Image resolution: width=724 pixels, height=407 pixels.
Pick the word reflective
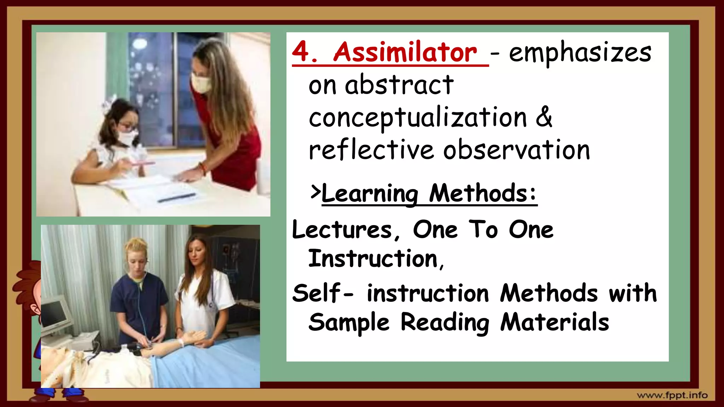point(371,150)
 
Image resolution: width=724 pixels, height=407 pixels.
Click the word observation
point(516,150)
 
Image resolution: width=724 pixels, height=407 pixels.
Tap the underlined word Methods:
point(483,193)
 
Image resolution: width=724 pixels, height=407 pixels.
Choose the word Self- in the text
point(321,293)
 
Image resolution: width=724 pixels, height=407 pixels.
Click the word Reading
point(445,322)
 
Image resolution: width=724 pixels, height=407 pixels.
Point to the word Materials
point(554,322)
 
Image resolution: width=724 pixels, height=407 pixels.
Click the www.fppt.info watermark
point(672,395)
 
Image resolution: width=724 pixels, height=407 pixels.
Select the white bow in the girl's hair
point(108,104)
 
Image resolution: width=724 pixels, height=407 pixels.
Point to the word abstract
point(399,85)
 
